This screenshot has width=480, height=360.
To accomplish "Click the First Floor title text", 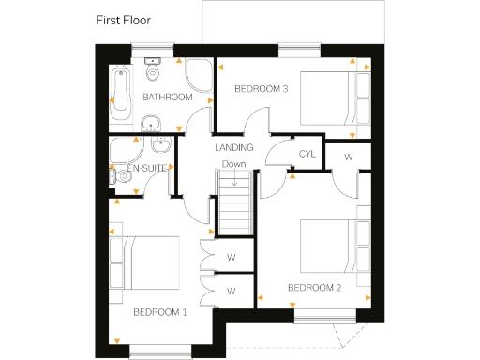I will coord(124,19).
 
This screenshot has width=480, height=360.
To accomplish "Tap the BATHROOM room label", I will coord(167,97).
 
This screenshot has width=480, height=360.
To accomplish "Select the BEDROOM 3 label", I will coord(260,89).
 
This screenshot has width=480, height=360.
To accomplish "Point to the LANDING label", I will coord(233,148).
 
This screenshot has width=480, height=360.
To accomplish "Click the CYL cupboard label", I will coord(306,154).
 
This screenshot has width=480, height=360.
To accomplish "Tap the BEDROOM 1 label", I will coord(159,311).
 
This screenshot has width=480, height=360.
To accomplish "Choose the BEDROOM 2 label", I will coord(314,287).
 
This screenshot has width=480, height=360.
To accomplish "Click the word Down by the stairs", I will coord(234,165).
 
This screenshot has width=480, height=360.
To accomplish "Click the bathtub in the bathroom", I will coord(121,94).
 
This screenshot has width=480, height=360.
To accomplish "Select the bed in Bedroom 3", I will coord(334,97).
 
